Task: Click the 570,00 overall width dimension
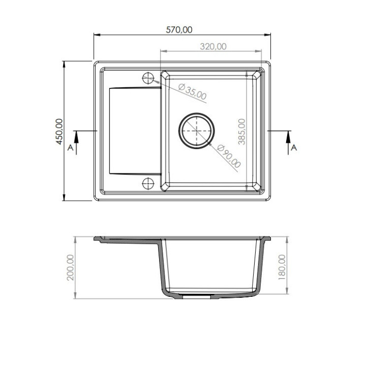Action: (179, 30)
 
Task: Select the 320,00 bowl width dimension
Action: (213, 47)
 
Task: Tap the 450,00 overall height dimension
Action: (59, 132)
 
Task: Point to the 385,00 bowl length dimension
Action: (242, 132)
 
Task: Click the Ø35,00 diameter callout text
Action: (192, 91)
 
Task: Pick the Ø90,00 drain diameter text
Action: (229, 156)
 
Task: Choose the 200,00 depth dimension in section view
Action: (70, 267)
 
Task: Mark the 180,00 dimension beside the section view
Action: (282, 267)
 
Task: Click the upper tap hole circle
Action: (148, 78)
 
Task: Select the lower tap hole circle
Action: (148, 184)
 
